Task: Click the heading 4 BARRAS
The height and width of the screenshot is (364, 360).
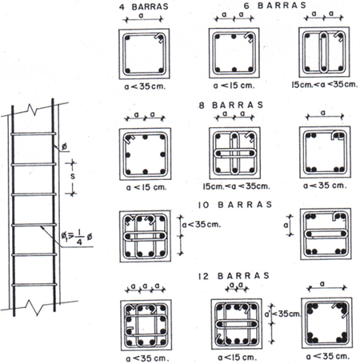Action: click(144, 6)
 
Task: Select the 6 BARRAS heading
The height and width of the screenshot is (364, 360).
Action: click(275, 6)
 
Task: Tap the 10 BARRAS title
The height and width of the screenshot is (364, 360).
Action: click(235, 205)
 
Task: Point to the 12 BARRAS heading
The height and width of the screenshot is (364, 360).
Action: click(234, 276)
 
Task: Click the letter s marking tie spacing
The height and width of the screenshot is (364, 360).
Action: click(72, 176)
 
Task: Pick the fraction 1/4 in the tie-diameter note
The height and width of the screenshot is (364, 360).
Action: click(79, 237)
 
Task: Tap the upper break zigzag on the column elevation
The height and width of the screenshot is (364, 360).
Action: click(32, 110)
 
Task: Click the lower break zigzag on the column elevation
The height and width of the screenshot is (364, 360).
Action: click(34, 306)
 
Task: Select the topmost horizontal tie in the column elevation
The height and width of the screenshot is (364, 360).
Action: click(34, 134)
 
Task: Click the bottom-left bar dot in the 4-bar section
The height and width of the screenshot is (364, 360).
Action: click(128, 70)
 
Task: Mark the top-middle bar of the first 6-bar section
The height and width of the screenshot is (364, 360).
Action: click(234, 37)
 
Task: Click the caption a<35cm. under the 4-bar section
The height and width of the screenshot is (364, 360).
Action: click(145, 86)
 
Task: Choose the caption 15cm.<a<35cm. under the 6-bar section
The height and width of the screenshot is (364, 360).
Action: click(325, 85)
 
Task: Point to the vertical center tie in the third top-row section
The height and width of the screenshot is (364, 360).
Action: click(324, 52)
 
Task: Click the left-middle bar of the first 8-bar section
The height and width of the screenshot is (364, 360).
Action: click(128, 154)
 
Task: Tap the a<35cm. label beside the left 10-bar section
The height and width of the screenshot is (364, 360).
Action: click(202, 225)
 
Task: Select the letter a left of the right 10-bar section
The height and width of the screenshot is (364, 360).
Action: click(286, 226)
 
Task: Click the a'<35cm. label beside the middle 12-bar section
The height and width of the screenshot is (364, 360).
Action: click(282, 314)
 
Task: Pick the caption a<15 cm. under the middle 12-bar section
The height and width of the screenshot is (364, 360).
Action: click(237, 358)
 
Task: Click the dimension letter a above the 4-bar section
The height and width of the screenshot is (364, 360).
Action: click(141, 15)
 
